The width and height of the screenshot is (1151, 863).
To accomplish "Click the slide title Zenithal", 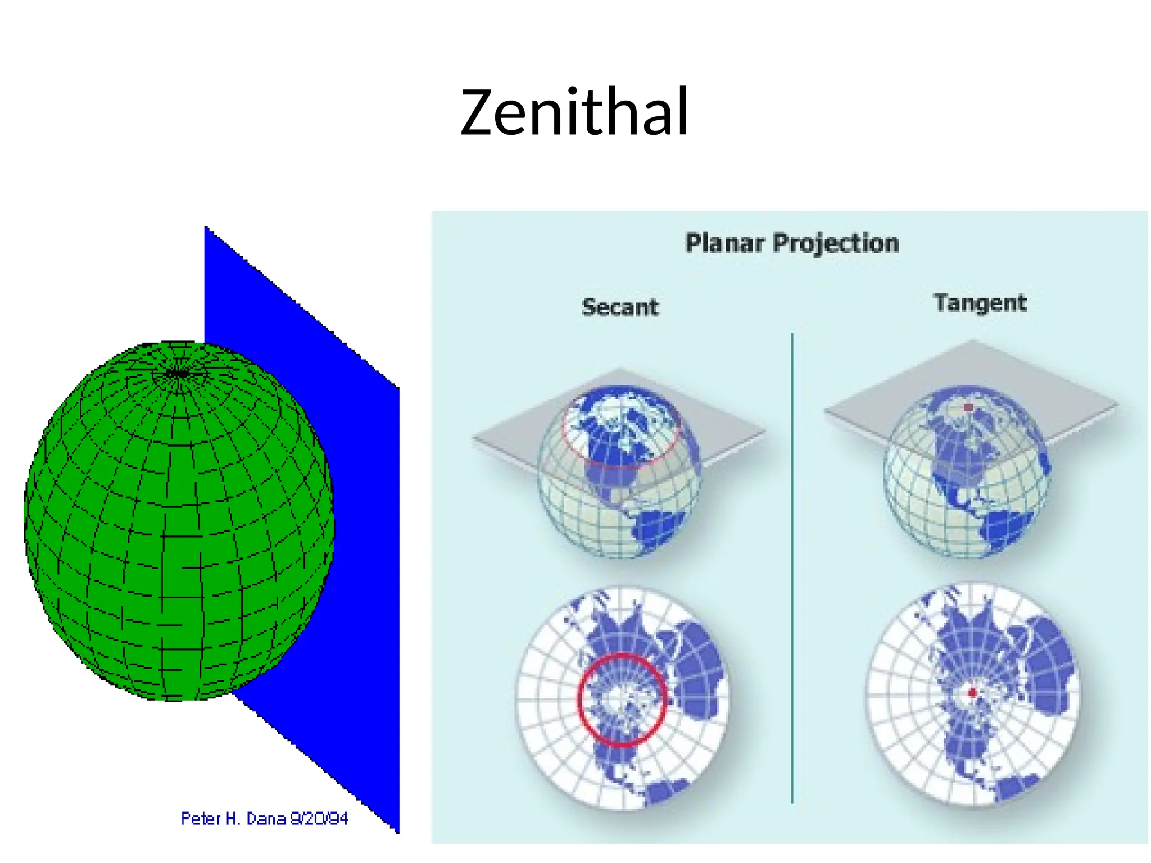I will pyautogui.click(x=574, y=112).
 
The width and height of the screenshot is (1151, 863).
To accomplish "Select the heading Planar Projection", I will pyautogui.click(x=792, y=243).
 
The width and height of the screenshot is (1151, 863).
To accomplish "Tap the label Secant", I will pyautogui.click(x=620, y=307).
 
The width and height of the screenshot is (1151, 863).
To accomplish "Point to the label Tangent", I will pyautogui.click(x=980, y=303).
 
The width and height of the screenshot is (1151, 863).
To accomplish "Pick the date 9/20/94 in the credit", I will pyautogui.click(x=319, y=819).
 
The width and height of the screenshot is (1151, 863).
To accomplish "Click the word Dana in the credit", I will pyautogui.click(x=266, y=819).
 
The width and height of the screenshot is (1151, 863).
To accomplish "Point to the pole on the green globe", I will pyautogui.click(x=178, y=373).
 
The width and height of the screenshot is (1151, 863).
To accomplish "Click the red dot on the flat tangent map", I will pyautogui.click(x=972, y=693).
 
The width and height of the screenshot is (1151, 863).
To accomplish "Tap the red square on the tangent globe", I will pyautogui.click(x=968, y=407).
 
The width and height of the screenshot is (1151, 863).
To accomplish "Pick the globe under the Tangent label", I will pyautogui.click(x=967, y=494).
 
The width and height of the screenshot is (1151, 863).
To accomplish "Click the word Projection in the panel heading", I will pyautogui.click(x=836, y=243).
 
